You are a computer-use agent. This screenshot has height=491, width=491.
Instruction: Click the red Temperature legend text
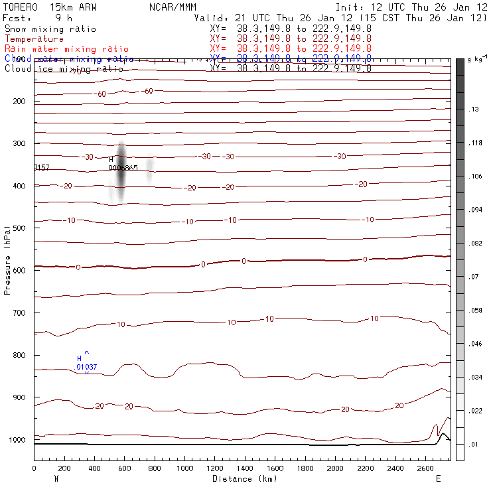click(x=35, y=39)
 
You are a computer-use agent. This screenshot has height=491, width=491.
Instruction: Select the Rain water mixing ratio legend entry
click(x=66, y=49)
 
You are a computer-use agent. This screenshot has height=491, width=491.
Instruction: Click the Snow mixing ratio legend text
click(x=50, y=29)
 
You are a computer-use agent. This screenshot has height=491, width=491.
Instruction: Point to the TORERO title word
click(x=21, y=6)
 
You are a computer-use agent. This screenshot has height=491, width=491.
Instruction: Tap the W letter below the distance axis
click(x=56, y=478)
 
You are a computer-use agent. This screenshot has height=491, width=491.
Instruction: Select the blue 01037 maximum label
click(x=86, y=367)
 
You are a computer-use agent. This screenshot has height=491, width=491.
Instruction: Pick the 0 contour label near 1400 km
click(x=244, y=261)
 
